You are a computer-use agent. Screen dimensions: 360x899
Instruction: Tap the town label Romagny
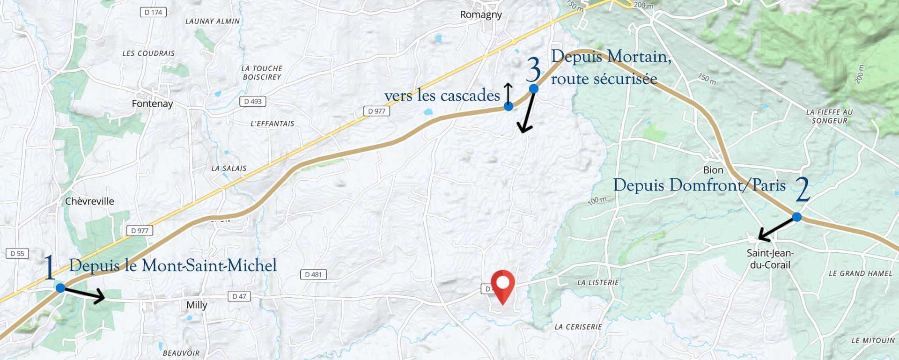480,15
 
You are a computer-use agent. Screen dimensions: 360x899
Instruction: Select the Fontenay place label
152,103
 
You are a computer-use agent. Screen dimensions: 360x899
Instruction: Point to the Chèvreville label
89,201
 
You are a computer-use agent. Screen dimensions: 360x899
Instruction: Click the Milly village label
197,305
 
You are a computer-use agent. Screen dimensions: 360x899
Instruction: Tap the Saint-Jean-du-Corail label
770,259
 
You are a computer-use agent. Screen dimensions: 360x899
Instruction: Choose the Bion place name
713,170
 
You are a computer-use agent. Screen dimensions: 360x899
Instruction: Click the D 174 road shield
153,13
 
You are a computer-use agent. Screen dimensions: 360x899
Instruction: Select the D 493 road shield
253,101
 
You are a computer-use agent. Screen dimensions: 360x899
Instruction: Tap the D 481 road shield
313,274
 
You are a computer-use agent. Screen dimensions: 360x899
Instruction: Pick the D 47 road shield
239,296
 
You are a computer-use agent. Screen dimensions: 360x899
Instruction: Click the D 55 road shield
17,253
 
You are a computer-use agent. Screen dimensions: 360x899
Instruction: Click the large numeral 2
803,189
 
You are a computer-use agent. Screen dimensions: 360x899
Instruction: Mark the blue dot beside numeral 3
533,88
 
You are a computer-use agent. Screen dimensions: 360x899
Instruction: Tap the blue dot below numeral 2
796,217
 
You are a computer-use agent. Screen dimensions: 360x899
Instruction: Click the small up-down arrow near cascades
508,92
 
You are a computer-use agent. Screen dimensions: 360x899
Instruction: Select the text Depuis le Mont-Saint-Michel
173,266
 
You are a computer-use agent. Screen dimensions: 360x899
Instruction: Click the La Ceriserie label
578,327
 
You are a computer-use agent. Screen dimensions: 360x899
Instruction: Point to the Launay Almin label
212,22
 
